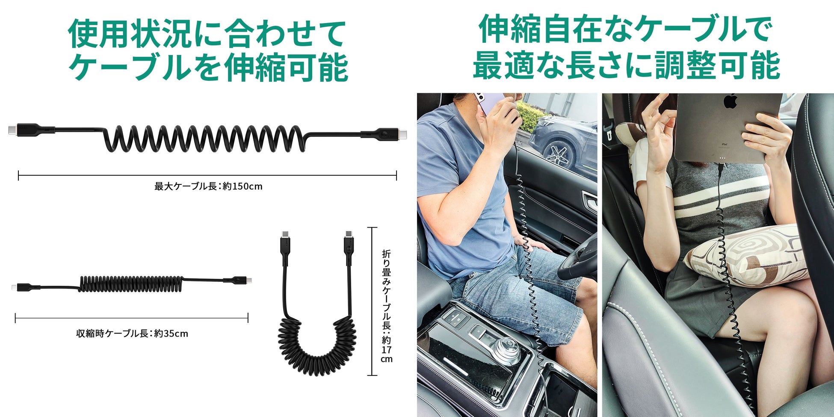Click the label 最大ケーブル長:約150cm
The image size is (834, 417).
coord(208,186)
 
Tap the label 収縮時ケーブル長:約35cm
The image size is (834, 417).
coord(132,333)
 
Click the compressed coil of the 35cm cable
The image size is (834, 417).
coord(131,284)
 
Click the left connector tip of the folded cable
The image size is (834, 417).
coord(285,235)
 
